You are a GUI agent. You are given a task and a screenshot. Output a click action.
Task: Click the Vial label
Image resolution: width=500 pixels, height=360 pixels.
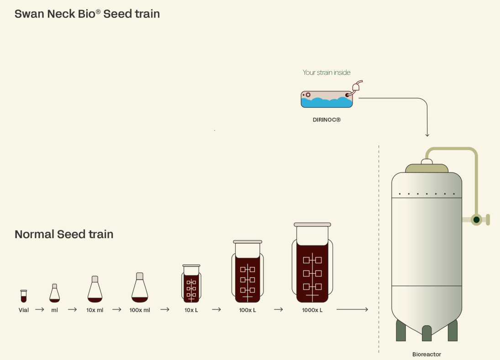(24, 310)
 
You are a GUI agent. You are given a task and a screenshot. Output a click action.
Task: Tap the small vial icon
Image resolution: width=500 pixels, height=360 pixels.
(24, 296)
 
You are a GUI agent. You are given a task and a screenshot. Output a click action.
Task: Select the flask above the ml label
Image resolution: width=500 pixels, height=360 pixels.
(54, 293)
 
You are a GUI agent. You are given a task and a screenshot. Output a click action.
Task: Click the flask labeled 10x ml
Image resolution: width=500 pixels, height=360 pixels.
(95, 289)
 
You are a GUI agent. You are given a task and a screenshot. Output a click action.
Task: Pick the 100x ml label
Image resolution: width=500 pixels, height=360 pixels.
(140, 310)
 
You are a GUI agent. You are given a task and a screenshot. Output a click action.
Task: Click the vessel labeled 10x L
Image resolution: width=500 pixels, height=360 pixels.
(191, 283)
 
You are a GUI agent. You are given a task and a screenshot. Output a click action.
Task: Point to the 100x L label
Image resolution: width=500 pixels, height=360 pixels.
(247, 310)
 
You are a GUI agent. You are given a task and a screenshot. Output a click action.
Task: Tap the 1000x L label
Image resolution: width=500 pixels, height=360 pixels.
(312, 310)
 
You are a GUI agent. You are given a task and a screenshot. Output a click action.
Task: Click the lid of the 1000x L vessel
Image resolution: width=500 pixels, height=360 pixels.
(312, 224)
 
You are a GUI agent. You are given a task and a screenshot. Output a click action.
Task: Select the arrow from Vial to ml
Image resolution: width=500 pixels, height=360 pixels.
(40, 309)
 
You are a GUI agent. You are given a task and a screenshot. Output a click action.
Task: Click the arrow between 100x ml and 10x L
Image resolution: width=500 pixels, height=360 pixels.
(165, 309)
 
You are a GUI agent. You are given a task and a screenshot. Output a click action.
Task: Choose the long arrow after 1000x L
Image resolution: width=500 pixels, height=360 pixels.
(353, 309)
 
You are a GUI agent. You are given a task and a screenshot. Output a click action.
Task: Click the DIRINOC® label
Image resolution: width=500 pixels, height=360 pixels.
(326, 120)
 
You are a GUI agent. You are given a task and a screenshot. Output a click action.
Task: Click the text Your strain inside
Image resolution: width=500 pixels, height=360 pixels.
(326, 73)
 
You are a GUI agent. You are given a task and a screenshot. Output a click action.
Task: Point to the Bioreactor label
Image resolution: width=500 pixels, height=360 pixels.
(426, 354)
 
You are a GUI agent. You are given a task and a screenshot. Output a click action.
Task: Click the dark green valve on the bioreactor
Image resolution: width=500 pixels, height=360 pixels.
(476, 219)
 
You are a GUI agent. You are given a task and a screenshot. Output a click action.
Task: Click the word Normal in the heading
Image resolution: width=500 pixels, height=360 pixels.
(34, 234)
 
